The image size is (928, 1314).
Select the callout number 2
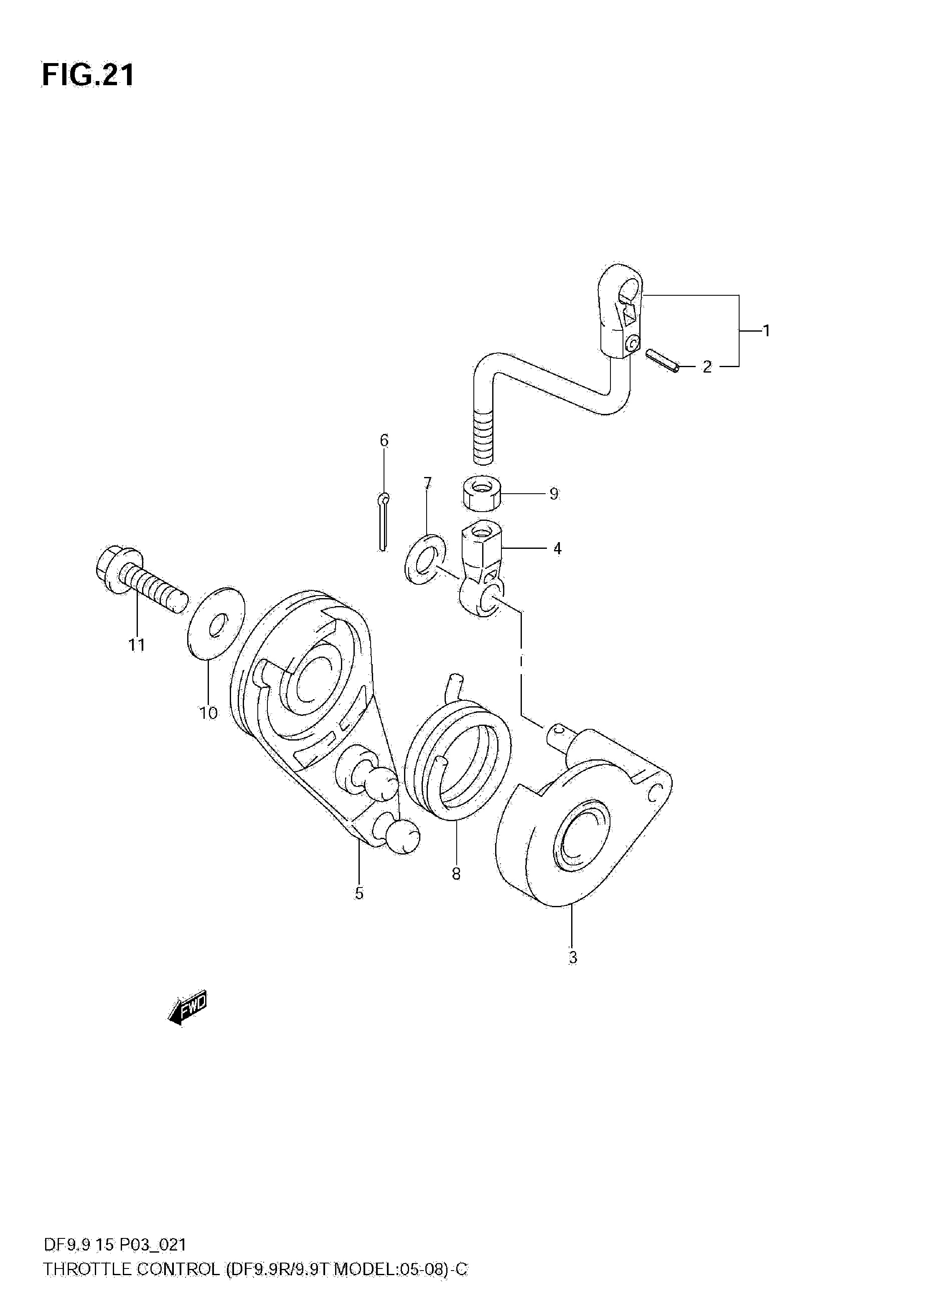coord(707,366)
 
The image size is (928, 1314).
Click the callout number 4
coord(557,548)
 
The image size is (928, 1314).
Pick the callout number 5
coord(359,893)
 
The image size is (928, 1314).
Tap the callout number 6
coord(384,440)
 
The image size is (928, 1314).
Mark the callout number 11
coord(136,645)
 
